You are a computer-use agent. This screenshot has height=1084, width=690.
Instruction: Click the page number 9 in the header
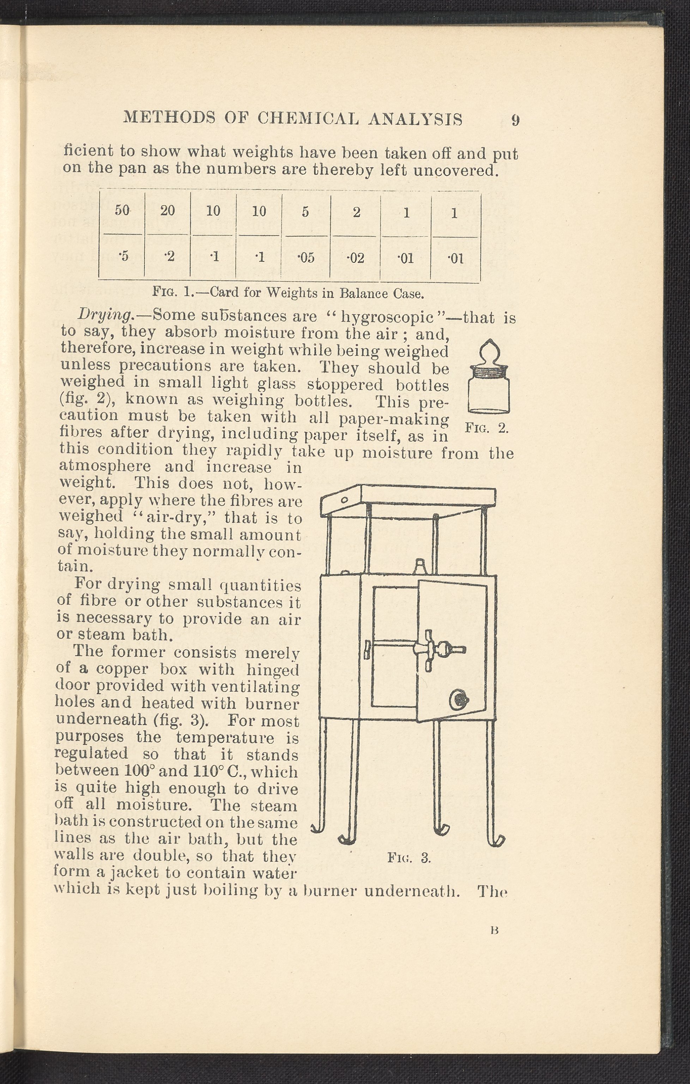click(515, 120)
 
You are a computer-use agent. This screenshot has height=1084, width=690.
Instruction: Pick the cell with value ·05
click(306, 258)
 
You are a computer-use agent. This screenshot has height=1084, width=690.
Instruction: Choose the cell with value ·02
click(356, 258)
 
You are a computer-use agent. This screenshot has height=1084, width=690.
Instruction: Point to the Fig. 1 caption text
click(289, 294)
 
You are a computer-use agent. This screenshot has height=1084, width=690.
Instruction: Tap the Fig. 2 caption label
click(486, 427)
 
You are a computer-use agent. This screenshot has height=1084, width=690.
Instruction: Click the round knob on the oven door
click(459, 711)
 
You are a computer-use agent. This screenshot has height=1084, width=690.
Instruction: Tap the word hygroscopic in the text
click(387, 317)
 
